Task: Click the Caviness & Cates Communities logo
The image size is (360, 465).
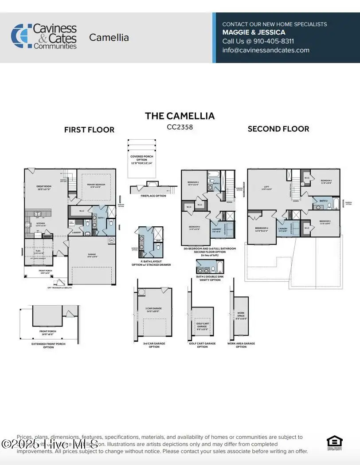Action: (44, 36)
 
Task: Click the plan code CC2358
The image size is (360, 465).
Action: (180, 127)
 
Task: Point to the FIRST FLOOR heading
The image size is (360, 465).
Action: (89, 130)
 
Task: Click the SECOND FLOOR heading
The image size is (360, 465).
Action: (278, 129)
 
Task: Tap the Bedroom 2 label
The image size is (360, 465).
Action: (326, 181)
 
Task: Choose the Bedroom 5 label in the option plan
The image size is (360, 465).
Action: (192, 183)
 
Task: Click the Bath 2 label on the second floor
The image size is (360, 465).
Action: (323, 201)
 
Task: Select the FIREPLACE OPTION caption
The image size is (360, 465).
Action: (153, 196)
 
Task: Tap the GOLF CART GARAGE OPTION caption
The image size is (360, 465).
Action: (202, 345)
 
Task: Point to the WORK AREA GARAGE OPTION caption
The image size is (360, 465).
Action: (241, 345)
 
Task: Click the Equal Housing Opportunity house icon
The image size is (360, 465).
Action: (334, 442)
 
